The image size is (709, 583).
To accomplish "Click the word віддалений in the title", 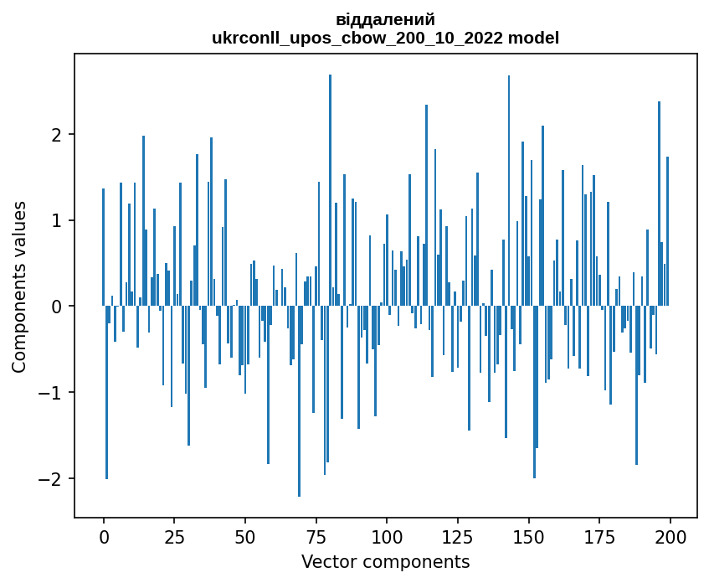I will (x=385, y=19).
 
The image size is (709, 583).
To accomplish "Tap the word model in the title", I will (x=537, y=38).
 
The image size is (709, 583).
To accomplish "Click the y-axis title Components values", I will (x=19, y=286).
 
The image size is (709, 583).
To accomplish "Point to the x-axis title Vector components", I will (x=385, y=561).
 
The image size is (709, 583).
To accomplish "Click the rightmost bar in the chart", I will (x=667, y=231).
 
